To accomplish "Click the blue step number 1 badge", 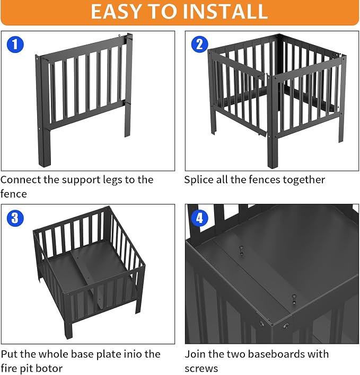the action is [x=15, y=44].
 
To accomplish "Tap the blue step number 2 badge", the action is [x=200, y=44].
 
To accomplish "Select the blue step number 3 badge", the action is [x=15, y=218].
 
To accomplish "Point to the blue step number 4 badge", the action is [x=200, y=218].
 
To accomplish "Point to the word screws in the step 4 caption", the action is [x=201, y=368].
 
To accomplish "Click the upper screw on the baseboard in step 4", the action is [x=242, y=251].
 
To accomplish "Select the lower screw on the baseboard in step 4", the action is [x=294, y=299].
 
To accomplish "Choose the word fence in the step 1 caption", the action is [x=13, y=194].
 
